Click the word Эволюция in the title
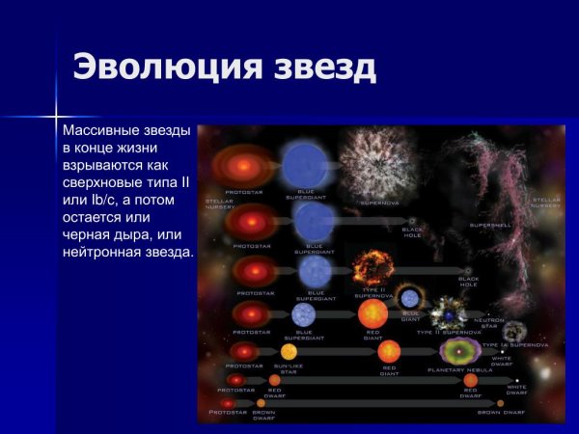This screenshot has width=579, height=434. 165,68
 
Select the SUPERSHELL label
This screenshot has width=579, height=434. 483,226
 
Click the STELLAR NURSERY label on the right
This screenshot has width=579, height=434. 545,203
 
